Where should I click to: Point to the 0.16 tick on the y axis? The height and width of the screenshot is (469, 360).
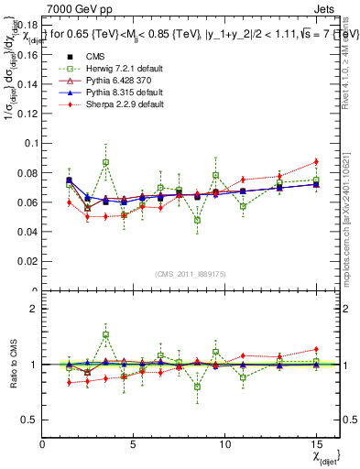pos(27,55)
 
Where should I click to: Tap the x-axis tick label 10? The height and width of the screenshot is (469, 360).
pos(224,445)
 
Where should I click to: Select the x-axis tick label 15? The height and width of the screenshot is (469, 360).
pos(315,445)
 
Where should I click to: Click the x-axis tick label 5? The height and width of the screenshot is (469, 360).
pos(134,445)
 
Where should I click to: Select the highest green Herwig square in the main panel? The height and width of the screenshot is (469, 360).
pos(106,162)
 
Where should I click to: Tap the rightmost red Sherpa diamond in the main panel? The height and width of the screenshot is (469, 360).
pos(316,161)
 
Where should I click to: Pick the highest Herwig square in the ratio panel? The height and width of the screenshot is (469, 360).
pos(106,335)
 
